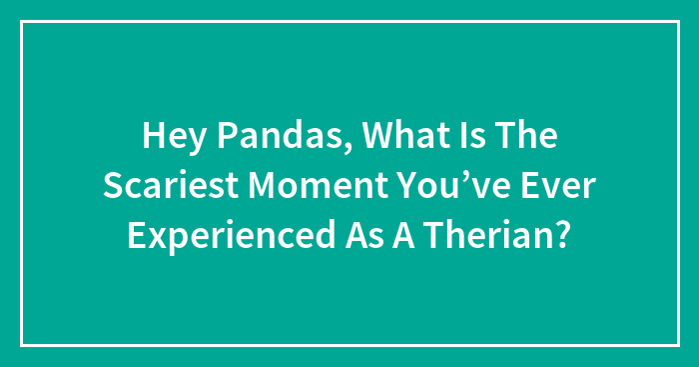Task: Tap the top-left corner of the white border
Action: pos(21,21)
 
